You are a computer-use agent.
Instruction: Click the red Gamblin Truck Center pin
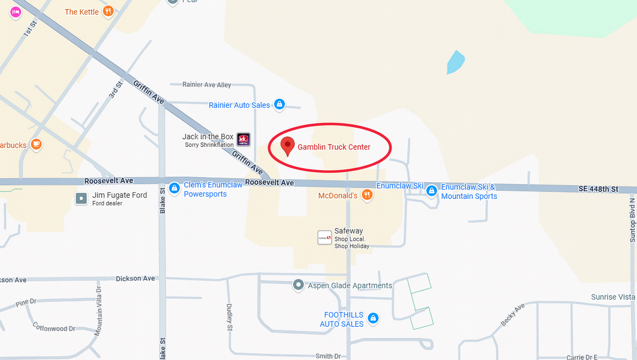pyautogui.click(x=287, y=146)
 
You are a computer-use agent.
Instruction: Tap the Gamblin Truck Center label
pyautogui.click(x=334, y=147)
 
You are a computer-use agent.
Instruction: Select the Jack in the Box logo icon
pyautogui.click(x=243, y=139)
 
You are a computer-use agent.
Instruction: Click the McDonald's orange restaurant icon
pyautogui.click(x=367, y=195)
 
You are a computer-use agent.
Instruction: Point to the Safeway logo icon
pyautogui.click(x=324, y=238)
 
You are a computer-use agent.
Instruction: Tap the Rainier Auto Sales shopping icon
pyautogui.click(x=280, y=104)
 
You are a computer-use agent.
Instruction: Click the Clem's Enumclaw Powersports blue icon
pyautogui.click(x=175, y=189)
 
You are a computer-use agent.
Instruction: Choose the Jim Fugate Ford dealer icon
pyautogui.click(x=81, y=199)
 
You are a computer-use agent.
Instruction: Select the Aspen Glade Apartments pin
pyautogui.click(x=298, y=285)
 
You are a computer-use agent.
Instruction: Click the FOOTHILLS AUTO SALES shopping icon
pyautogui.click(x=373, y=319)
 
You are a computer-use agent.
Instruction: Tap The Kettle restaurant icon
pyautogui.click(x=108, y=11)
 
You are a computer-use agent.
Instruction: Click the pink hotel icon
pyautogui.click(x=15, y=12)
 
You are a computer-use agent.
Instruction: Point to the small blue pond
pyautogui.click(x=455, y=63)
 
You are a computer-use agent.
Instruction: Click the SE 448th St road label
pyautogui.click(x=598, y=189)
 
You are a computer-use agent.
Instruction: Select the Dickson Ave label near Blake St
pyautogui.click(x=135, y=279)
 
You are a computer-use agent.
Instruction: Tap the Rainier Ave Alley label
pyautogui.click(x=207, y=85)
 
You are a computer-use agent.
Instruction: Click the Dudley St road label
pyautogui.click(x=229, y=317)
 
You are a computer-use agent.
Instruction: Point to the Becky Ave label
pyautogui.click(x=513, y=314)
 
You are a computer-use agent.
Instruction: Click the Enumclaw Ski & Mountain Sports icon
pyautogui.click(x=432, y=191)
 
